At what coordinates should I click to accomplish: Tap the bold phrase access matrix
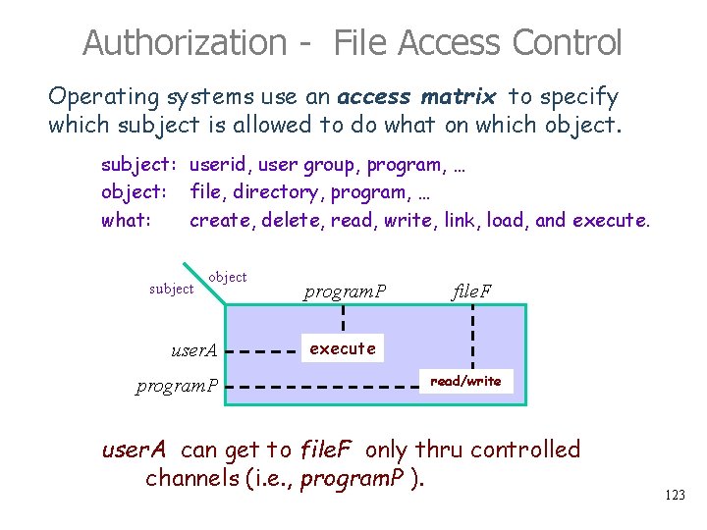[x=418, y=96]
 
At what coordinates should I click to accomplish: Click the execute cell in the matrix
[x=343, y=348]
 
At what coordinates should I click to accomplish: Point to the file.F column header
[x=472, y=291]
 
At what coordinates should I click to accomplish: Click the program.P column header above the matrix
[x=345, y=291]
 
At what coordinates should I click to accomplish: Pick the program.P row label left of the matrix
[x=177, y=384]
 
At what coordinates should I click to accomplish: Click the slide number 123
[x=675, y=496]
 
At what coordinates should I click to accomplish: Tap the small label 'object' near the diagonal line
[x=228, y=277]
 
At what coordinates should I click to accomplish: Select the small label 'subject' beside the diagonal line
[x=171, y=289]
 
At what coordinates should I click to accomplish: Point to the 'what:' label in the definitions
[x=126, y=220]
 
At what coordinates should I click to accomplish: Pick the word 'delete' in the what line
[x=293, y=220]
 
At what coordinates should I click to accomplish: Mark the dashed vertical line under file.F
[x=473, y=334]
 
